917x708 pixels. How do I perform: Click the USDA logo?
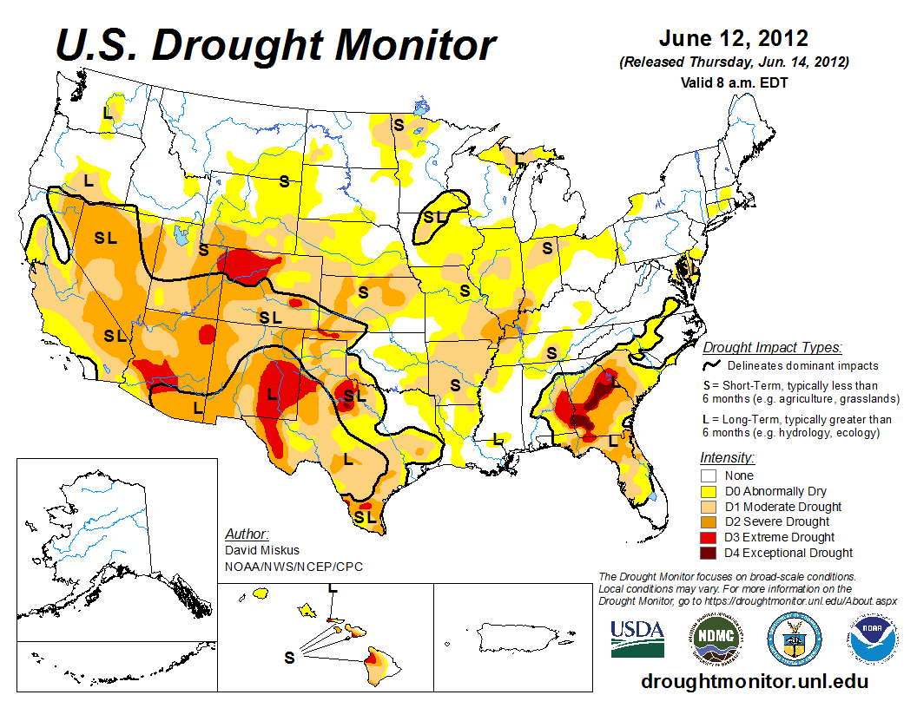tap(637, 639)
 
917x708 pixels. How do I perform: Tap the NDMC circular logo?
tap(714, 639)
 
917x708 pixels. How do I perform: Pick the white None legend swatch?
tap(708, 475)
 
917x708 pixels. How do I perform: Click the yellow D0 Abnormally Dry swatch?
tap(708, 491)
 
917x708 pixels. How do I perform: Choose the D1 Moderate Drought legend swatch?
tap(708, 507)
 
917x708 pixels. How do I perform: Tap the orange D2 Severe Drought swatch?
tap(708, 522)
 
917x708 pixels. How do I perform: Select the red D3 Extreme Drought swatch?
tap(708, 538)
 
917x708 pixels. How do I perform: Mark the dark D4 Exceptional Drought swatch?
tap(708, 553)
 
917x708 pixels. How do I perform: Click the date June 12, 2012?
tap(734, 39)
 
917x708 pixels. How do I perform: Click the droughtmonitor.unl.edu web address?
tap(754, 682)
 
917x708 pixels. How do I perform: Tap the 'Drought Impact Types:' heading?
tap(772, 348)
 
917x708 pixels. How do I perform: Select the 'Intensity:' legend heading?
tap(728, 457)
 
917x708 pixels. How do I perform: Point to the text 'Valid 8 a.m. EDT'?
tap(735, 82)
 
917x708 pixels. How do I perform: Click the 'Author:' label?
tap(247, 534)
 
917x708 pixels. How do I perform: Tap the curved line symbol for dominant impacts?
tap(711, 366)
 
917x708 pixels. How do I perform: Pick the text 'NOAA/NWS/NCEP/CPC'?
tap(294, 567)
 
